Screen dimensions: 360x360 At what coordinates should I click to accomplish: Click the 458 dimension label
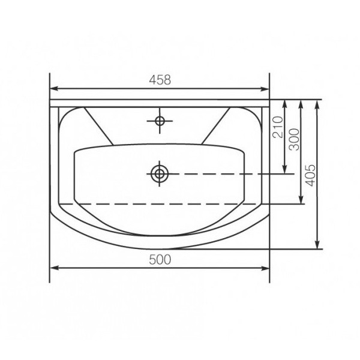(160, 80)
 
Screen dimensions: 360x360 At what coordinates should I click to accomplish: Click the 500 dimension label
(160, 260)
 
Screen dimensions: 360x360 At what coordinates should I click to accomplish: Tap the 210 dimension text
(278, 127)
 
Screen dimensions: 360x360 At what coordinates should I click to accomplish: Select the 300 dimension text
(295, 139)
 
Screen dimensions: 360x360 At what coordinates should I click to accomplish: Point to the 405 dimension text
(310, 175)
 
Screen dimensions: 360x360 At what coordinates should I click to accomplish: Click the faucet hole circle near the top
(160, 121)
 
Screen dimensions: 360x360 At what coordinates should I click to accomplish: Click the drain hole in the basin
(160, 174)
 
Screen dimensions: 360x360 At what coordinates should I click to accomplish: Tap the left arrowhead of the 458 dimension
(54, 89)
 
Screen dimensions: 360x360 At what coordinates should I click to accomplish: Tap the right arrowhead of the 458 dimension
(265, 89)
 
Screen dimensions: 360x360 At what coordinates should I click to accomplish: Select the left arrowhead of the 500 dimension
(54, 268)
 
